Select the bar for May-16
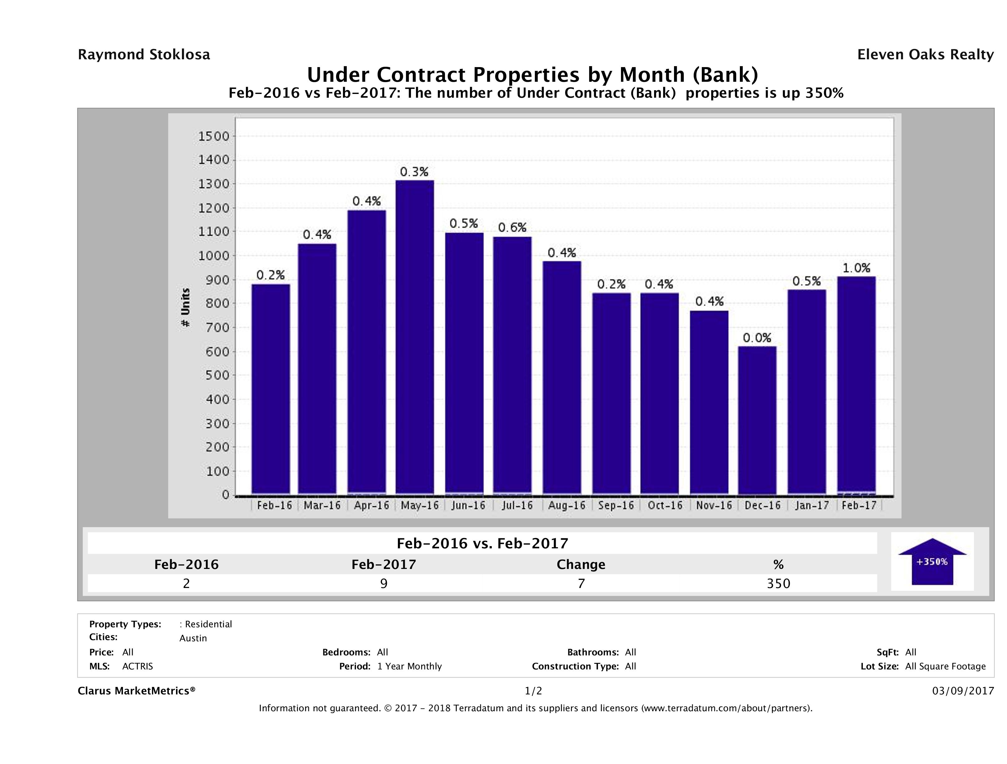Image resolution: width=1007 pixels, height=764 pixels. tap(414, 337)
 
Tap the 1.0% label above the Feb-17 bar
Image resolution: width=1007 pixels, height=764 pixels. tap(856, 268)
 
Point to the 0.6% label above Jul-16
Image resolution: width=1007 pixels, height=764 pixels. tap(512, 228)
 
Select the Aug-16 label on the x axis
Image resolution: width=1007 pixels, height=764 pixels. tap(566, 505)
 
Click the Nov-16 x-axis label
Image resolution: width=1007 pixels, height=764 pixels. tap(713, 505)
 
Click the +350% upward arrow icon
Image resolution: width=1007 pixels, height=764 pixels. tap(932, 561)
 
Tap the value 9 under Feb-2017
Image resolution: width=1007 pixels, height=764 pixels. tap(384, 584)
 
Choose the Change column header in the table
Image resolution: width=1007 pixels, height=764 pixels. tap(581, 565)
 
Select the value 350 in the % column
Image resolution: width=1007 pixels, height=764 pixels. tap(779, 584)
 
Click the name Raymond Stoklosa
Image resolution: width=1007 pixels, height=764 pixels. tap(144, 55)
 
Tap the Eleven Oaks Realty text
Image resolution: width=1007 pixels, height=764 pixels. tap(925, 55)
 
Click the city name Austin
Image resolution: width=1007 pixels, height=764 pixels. tap(193, 638)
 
